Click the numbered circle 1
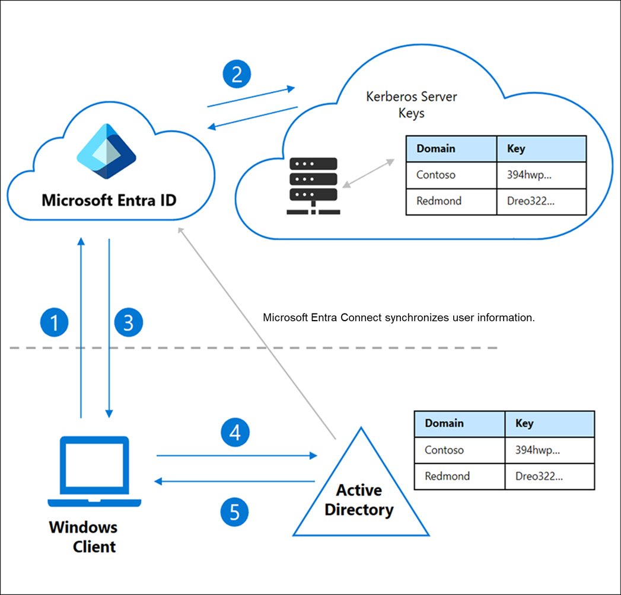point(55,323)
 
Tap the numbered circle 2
point(237,75)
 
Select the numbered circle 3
point(129,323)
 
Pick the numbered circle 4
point(235,433)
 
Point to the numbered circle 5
point(235,512)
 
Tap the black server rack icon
point(313,185)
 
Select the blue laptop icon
point(95,472)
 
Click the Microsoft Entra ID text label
point(109,200)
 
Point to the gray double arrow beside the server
point(368,174)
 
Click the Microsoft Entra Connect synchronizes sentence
point(399,318)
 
